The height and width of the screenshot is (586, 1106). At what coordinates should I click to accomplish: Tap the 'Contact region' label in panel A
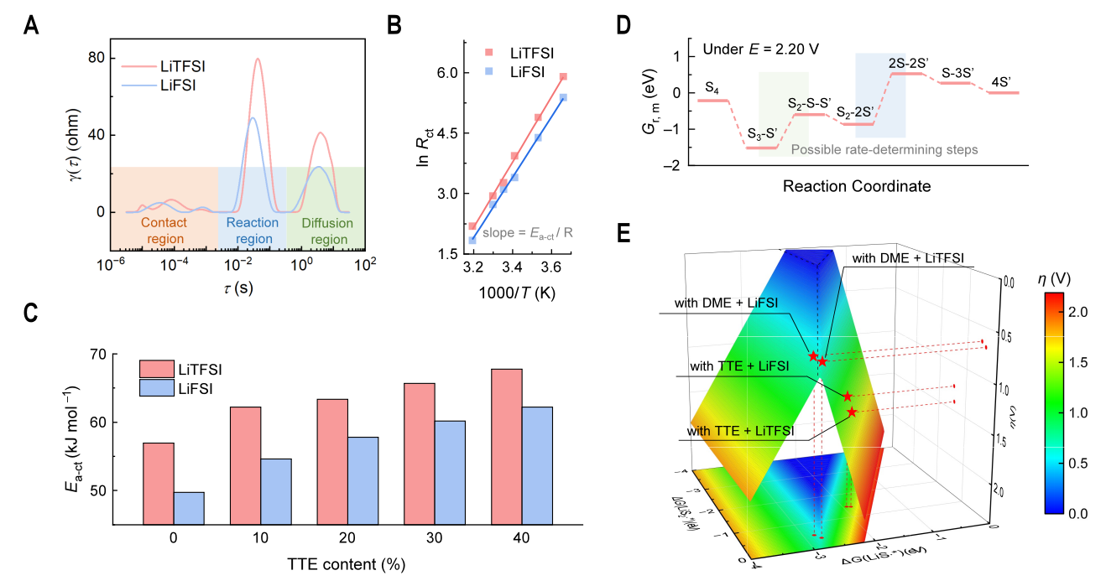point(164,231)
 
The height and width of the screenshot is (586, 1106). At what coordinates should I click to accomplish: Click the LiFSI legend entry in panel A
point(182,85)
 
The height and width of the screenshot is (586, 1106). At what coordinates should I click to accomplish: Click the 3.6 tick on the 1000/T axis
point(550,267)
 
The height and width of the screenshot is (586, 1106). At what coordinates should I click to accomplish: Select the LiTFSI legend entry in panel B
point(533,53)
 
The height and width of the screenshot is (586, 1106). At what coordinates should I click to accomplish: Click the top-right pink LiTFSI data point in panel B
point(563,76)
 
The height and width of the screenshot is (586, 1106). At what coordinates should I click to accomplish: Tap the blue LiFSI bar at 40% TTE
point(538,465)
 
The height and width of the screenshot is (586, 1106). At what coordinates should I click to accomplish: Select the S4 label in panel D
point(711,87)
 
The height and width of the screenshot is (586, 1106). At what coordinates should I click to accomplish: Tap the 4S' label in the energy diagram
point(1001,81)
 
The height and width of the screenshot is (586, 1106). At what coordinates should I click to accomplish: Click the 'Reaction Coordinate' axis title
point(856,186)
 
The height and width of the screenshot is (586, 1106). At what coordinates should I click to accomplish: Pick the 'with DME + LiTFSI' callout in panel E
point(906,258)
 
